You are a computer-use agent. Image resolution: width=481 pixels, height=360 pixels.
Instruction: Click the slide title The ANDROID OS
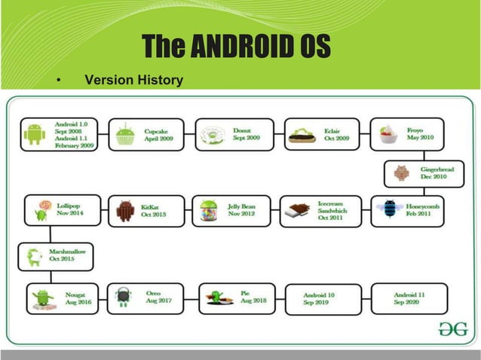click(236, 47)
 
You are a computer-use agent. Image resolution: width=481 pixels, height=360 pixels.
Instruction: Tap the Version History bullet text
click(133, 79)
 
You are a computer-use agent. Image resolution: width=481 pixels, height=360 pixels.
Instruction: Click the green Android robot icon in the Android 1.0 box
click(34, 134)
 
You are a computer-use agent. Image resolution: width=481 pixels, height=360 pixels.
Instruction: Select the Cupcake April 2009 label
click(159, 135)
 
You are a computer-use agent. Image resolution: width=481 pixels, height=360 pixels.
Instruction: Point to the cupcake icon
click(124, 136)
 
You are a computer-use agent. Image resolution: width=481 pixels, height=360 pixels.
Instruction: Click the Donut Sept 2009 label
click(246, 135)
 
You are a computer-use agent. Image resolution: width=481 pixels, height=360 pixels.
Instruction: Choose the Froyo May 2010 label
click(421, 134)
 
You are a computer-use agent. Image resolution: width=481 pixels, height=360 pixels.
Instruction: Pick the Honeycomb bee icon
click(389, 210)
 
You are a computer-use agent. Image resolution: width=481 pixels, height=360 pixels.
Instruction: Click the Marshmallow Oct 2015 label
click(68, 255)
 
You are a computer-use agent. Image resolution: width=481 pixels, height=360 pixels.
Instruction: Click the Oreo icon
click(123, 297)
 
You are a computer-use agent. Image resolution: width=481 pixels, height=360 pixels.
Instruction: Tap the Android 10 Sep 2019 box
click(319, 299)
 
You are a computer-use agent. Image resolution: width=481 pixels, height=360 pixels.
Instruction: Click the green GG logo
click(452, 329)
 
